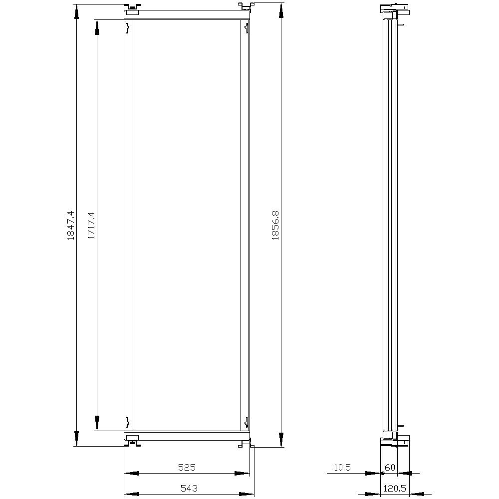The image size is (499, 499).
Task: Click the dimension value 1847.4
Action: [71, 225]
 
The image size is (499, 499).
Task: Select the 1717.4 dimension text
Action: [91, 225]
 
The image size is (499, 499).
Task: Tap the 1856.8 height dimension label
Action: [275, 225]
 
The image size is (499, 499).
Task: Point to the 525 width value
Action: [187, 467]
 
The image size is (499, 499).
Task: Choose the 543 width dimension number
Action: [189, 488]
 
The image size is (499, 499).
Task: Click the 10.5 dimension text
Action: [342, 467]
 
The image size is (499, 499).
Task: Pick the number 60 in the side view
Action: [390, 467]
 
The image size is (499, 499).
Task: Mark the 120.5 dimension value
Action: [395, 488]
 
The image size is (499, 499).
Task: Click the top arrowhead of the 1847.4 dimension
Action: [76, 12]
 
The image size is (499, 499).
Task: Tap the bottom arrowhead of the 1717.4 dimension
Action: [97, 423]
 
